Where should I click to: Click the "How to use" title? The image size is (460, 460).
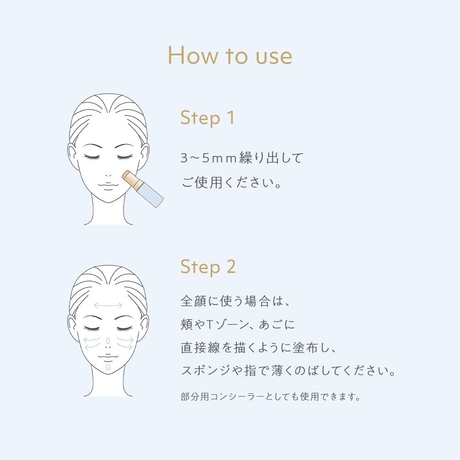[230, 55]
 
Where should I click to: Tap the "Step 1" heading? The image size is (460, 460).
[208, 118]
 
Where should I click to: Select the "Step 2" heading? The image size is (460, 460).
[208, 267]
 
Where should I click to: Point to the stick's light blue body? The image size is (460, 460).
[150, 195]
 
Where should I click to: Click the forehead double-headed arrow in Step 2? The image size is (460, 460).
[108, 305]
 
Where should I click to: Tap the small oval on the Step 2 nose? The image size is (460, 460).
[108, 340]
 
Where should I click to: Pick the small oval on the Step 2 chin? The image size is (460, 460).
[108, 367]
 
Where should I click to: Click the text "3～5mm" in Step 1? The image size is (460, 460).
[208, 158]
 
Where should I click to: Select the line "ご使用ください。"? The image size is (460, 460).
[231, 183]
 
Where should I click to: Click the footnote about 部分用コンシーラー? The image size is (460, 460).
[270, 397]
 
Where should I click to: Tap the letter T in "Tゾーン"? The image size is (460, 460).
[209, 324]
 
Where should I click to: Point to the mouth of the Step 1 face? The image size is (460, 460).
[108, 185]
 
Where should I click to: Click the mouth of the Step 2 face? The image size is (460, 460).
[108, 357]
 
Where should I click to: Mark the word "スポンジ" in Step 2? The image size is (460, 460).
[206, 371]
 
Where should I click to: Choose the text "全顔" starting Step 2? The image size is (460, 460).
[194, 301]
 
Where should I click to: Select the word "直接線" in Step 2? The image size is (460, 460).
[200, 348]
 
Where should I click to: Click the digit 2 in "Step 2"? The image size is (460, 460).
[231, 266]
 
